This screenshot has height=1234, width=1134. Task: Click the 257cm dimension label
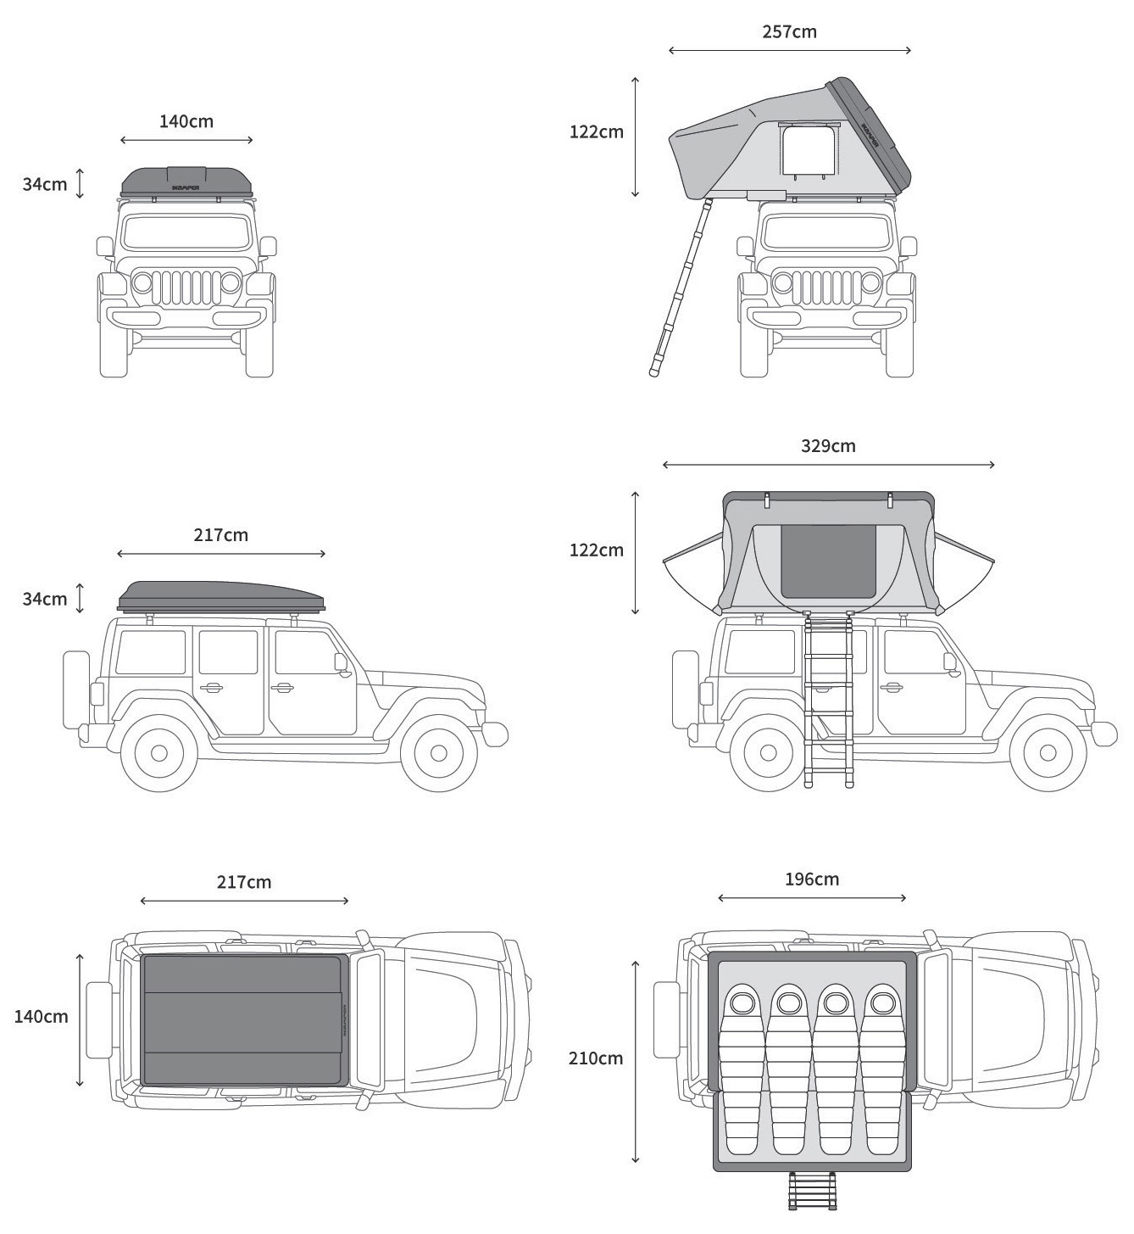789,32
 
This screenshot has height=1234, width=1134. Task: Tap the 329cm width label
828,446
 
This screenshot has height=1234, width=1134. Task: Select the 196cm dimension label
812,879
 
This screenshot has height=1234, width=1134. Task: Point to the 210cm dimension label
596,1058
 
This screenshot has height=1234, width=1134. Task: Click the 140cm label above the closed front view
186,121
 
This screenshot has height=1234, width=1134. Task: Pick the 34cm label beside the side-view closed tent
45,599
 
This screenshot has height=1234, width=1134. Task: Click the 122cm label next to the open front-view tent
596,131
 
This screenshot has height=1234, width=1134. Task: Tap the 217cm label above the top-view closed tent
244,882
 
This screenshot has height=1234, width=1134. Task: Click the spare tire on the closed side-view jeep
76,690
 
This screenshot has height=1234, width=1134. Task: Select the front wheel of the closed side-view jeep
438,752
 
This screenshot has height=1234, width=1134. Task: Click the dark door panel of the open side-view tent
828,561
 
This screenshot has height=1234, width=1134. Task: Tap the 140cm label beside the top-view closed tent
41,1016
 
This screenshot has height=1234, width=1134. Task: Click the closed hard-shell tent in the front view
186,181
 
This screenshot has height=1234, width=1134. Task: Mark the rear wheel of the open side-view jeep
767,752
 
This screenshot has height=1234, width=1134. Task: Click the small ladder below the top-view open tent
812,1191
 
